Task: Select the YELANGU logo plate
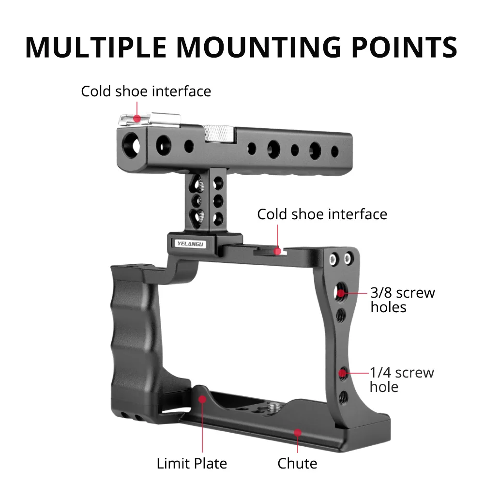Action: pyautogui.click(x=191, y=243)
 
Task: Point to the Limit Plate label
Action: pyautogui.click(x=192, y=463)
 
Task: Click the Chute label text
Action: pyautogui.click(x=297, y=463)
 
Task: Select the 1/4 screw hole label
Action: pyautogui.click(x=402, y=379)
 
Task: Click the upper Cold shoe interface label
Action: pyautogui.click(x=146, y=91)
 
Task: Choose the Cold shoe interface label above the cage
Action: pyautogui.click(x=322, y=214)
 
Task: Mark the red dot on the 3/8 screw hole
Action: pyautogui.click(x=342, y=293)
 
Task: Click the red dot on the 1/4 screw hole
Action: pyautogui.click(x=343, y=373)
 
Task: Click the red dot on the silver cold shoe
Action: pyautogui.click(x=137, y=118)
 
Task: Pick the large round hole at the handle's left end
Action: pyautogui.click(x=131, y=142)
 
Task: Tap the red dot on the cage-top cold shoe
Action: pyautogui.click(x=277, y=251)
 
